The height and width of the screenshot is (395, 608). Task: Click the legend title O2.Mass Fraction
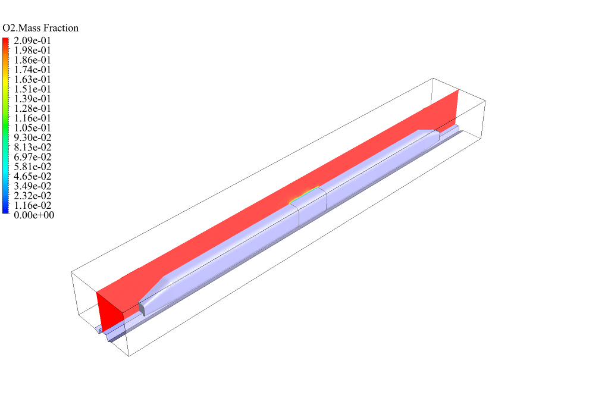tap(40, 28)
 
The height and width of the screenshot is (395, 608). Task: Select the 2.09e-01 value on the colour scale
tap(32, 40)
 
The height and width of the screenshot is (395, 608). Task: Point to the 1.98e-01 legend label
tap(32, 51)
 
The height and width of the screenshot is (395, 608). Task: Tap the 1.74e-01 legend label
tap(32, 70)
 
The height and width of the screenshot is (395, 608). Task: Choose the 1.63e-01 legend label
tap(32, 80)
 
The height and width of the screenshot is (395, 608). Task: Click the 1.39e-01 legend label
tap(32, 99)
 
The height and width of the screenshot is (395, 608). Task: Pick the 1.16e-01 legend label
tap(32, 118)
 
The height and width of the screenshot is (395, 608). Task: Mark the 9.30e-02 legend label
tap(32, 137)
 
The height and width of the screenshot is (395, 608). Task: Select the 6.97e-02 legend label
tap(32, 157)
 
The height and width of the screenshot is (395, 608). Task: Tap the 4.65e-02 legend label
tap(32, 176)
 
